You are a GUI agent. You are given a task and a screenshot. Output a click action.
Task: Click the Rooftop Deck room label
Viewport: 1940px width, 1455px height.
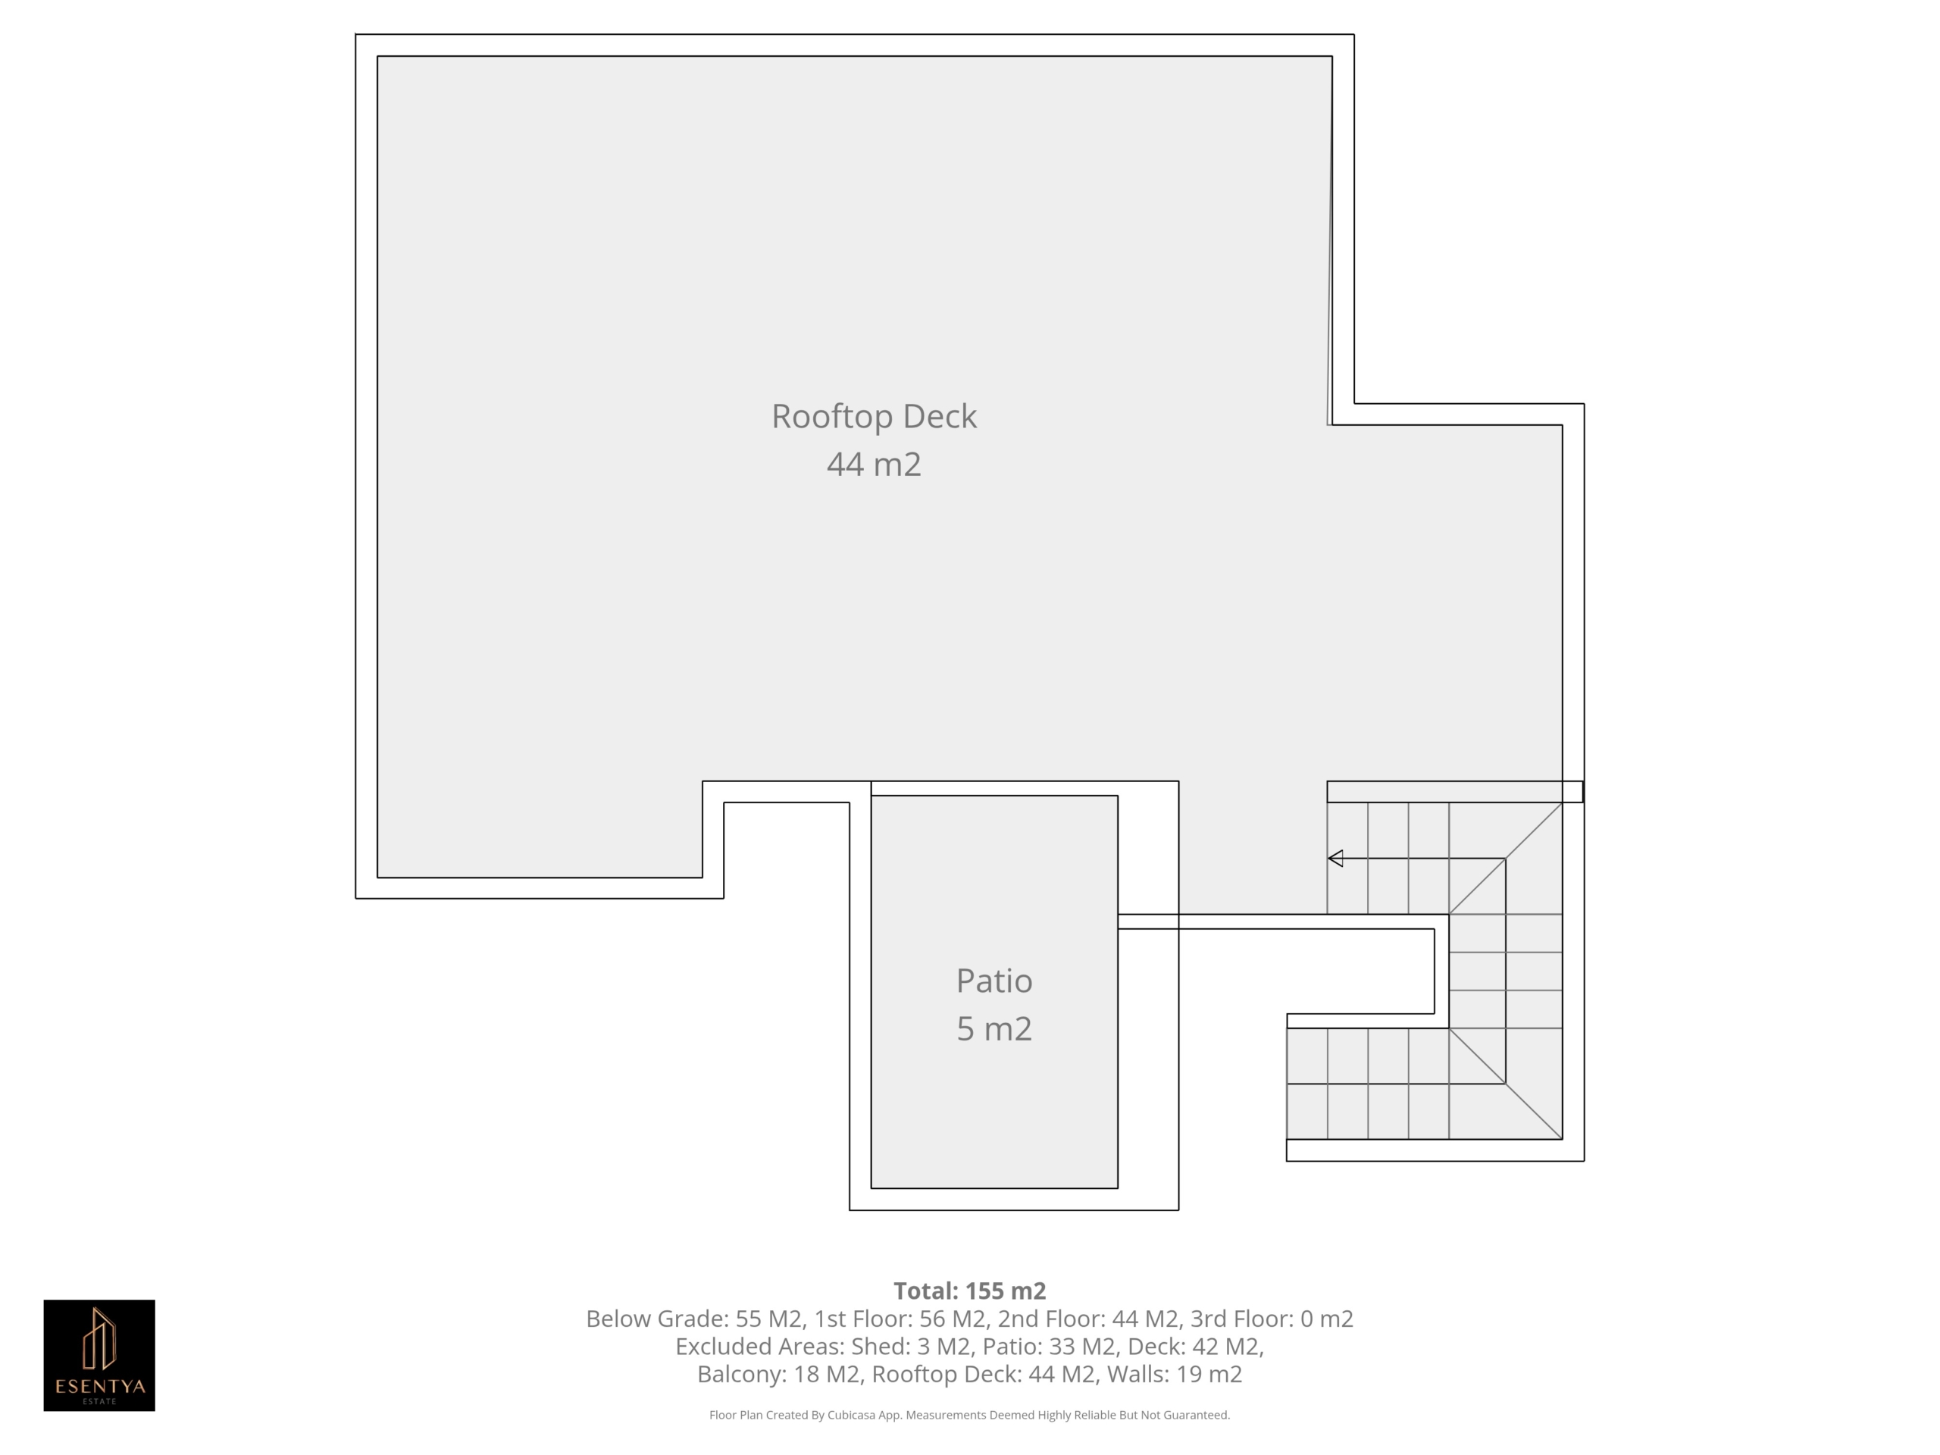(x=874, y=417)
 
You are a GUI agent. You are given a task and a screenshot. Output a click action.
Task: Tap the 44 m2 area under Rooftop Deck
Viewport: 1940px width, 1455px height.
(x=874, y=464)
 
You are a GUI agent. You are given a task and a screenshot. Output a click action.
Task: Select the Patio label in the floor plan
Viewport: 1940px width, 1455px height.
(x=993, y=981)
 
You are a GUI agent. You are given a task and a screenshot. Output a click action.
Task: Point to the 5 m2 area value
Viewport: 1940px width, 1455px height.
(x=993, y=1029)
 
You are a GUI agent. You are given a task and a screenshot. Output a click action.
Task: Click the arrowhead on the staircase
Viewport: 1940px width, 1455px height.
(x=1336, y=859)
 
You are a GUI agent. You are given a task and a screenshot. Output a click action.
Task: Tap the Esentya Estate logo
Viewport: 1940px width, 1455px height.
(x=99, y=1355)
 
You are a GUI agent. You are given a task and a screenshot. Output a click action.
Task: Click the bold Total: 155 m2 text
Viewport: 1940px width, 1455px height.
(x=970, y=1291)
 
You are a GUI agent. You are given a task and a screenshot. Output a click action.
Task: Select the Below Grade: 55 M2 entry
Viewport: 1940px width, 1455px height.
(x=693, y=1319)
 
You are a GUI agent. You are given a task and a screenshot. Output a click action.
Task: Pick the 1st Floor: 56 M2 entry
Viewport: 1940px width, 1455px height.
(x=900, y=1319)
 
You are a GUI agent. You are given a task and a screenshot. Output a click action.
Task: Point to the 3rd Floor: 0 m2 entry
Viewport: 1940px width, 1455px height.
(x=1272, y=1319)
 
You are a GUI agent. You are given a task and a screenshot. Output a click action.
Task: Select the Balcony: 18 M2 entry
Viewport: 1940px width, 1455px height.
(x=778, y=1375)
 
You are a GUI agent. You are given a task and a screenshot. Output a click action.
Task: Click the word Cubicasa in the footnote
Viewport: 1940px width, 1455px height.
(x=853, y=1415)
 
